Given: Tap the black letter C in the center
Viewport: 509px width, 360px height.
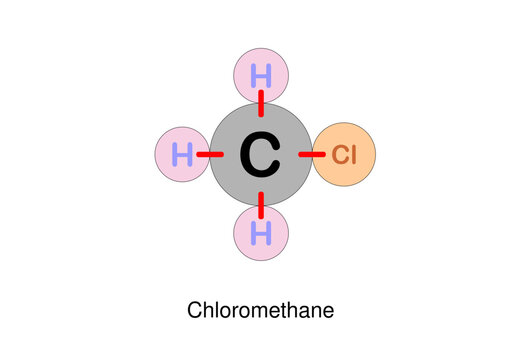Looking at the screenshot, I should coord(260,155).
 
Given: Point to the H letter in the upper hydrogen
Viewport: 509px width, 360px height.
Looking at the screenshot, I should coord(261,75).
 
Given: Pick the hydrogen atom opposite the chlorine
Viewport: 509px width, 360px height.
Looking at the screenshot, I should coord(183,155).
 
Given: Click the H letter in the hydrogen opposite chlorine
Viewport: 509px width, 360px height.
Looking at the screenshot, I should coord(183,155).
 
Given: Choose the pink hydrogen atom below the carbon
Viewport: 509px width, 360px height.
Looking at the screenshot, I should coord(261,235).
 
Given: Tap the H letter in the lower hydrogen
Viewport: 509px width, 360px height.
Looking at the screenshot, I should coord(261,235).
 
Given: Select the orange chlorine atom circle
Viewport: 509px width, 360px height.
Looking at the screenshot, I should coord(344,155).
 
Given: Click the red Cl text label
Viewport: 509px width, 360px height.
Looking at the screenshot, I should coord(344,155).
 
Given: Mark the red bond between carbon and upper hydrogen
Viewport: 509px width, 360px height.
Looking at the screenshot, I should coord(261,101).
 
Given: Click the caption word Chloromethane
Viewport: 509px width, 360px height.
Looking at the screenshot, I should coord(260,310).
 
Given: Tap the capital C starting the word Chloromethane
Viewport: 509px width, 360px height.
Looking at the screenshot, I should coord(195,310).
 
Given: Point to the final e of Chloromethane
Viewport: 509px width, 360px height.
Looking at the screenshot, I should coord(327,311).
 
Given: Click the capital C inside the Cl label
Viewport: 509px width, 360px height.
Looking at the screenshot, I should coord(340,155).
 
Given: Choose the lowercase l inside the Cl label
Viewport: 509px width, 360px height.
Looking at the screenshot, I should coord(353,155).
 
